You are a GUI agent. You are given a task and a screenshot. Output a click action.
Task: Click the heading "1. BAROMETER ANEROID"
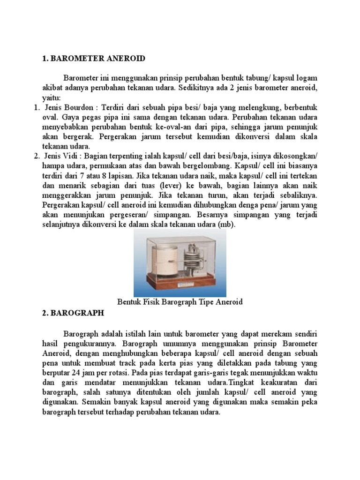(93, 59)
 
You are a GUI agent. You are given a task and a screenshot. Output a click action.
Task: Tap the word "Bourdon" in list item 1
(80, 107)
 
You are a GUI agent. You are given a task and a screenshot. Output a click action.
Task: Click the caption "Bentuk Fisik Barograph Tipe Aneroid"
(180, 302)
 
